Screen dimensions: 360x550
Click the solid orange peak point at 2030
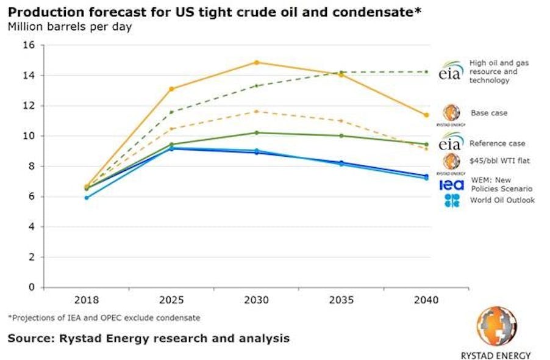257,62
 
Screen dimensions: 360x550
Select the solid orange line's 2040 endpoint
426,115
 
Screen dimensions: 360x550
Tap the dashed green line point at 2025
172,112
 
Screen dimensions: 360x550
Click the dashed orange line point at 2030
257,111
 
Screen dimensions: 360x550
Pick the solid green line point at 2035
341,135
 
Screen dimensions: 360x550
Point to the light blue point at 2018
87,198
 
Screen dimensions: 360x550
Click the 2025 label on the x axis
172,301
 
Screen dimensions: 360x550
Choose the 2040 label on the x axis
426,301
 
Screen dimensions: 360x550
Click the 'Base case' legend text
488,113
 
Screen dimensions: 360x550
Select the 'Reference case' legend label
497,143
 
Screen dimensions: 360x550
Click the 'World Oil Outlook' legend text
502,200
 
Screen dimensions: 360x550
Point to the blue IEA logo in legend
451,184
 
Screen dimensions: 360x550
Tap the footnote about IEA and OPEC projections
104,318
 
